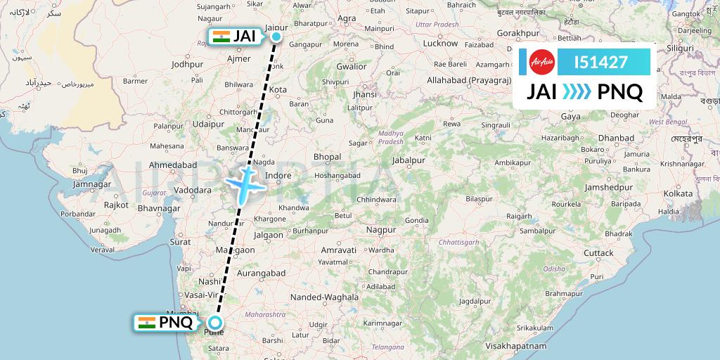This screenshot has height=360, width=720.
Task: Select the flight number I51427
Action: [600, 62]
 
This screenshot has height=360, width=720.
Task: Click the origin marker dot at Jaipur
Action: [276, 37]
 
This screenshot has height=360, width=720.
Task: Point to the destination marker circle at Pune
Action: [216, 323]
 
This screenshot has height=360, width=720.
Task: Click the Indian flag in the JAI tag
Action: [221, 37]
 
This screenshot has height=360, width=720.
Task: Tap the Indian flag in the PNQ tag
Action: [147, 323]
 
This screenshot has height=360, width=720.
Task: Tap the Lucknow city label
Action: [440, 43]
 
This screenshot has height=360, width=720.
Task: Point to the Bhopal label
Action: [327, 157]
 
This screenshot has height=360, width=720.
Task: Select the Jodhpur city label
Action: [187, 64]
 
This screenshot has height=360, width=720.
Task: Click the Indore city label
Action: [278, 175]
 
